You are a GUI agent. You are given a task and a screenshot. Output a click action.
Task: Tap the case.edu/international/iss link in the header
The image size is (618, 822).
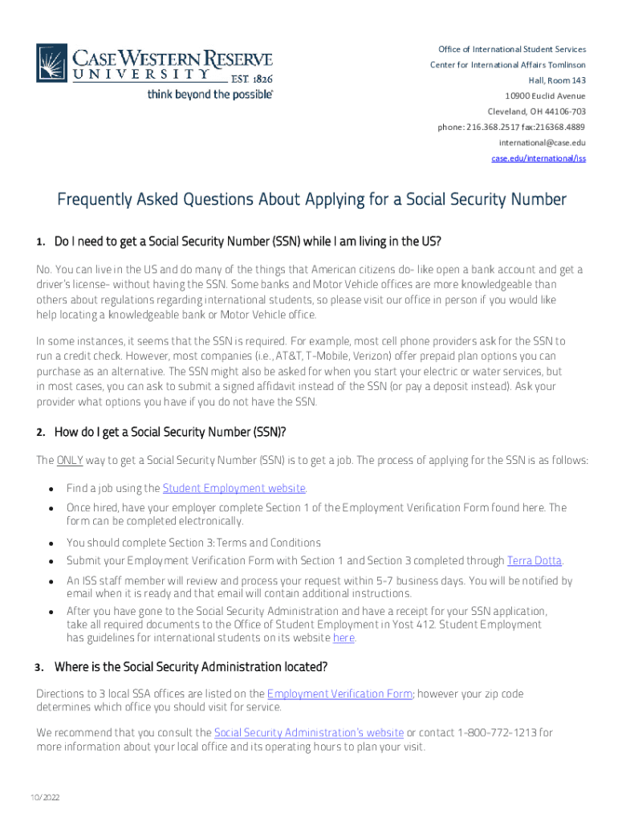click(539, 158)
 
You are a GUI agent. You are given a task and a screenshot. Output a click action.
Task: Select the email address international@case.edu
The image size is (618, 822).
click(542, 142)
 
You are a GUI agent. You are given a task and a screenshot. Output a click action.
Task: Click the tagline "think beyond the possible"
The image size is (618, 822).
click(210, 95)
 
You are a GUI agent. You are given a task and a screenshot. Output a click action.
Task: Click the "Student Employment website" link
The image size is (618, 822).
click(234, 488)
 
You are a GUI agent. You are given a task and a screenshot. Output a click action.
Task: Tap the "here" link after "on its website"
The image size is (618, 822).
click(344, 638)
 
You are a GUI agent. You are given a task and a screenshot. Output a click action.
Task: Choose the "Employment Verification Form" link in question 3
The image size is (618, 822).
click(339, 694)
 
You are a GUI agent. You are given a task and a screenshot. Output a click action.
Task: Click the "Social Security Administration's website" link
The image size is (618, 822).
click(309, 733)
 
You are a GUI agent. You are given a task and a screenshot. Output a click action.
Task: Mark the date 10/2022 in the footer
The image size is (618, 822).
click(45, 797)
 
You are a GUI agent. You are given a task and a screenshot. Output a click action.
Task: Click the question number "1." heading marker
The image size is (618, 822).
click(41, 242)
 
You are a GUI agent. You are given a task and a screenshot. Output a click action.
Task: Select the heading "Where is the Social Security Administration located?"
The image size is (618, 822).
click(191, 667)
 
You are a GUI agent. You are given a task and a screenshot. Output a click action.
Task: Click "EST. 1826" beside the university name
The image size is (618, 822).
click(251, 78)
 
